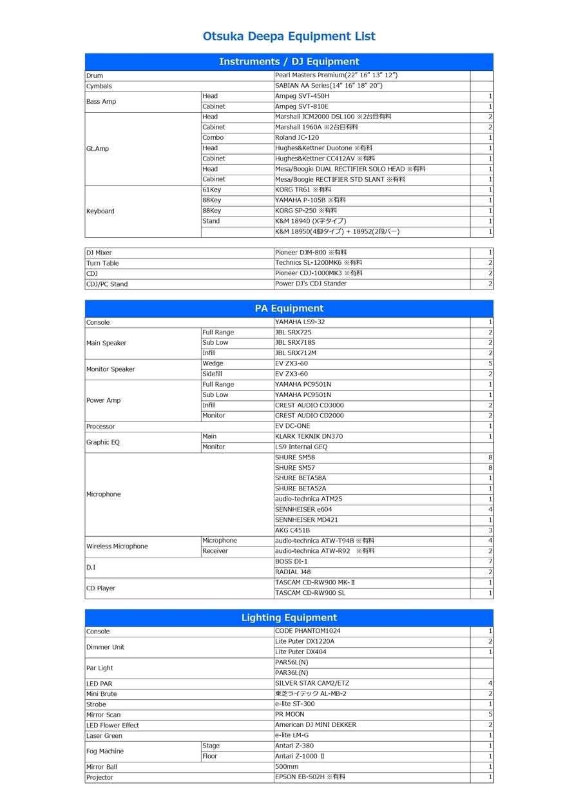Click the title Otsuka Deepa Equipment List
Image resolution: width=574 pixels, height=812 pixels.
pos(289,36)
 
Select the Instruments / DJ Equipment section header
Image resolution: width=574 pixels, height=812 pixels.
pos(289,62)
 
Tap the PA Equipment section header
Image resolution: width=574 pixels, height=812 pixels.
pos(289,308)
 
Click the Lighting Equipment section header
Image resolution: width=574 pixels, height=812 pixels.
pos(289,617)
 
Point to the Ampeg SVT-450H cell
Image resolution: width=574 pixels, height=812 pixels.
pos(302,96)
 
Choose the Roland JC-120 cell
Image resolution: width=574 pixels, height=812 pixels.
pos(297,137)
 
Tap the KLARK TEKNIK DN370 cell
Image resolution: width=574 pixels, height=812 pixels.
pos(309,436)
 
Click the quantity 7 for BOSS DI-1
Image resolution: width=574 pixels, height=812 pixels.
pos(490,561)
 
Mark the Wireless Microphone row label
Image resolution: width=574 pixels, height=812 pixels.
pos(117,546)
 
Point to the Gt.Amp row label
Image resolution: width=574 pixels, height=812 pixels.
pos(97,148)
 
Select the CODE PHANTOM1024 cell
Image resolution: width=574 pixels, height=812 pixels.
pos(307,631)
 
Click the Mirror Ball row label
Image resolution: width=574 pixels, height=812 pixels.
pos(102,767)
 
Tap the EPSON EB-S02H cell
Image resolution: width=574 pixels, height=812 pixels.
pos(310,777)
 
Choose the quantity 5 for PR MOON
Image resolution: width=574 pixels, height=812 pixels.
pos(490,715)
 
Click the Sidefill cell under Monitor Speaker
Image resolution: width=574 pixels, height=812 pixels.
pos(213,374)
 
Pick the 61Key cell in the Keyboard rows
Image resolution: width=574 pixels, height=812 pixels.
pos(211,190)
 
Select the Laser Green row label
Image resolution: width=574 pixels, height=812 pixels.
pos(104,735)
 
